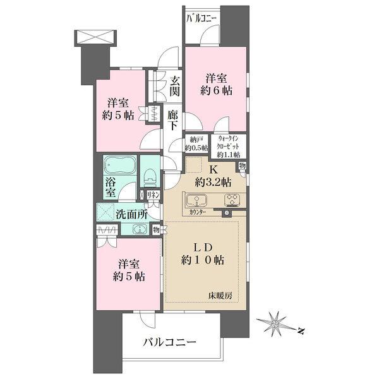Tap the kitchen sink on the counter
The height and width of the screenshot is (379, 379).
coord(196,202)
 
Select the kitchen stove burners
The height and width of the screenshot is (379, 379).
coord(231,202)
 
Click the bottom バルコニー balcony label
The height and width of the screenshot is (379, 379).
coord(169,342)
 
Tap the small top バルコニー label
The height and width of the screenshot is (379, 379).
coord(202,18)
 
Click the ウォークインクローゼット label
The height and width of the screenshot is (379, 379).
coord(229,146)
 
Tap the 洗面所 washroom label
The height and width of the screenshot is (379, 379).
coord(131,214)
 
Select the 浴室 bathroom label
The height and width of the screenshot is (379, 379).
coord(109,189)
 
